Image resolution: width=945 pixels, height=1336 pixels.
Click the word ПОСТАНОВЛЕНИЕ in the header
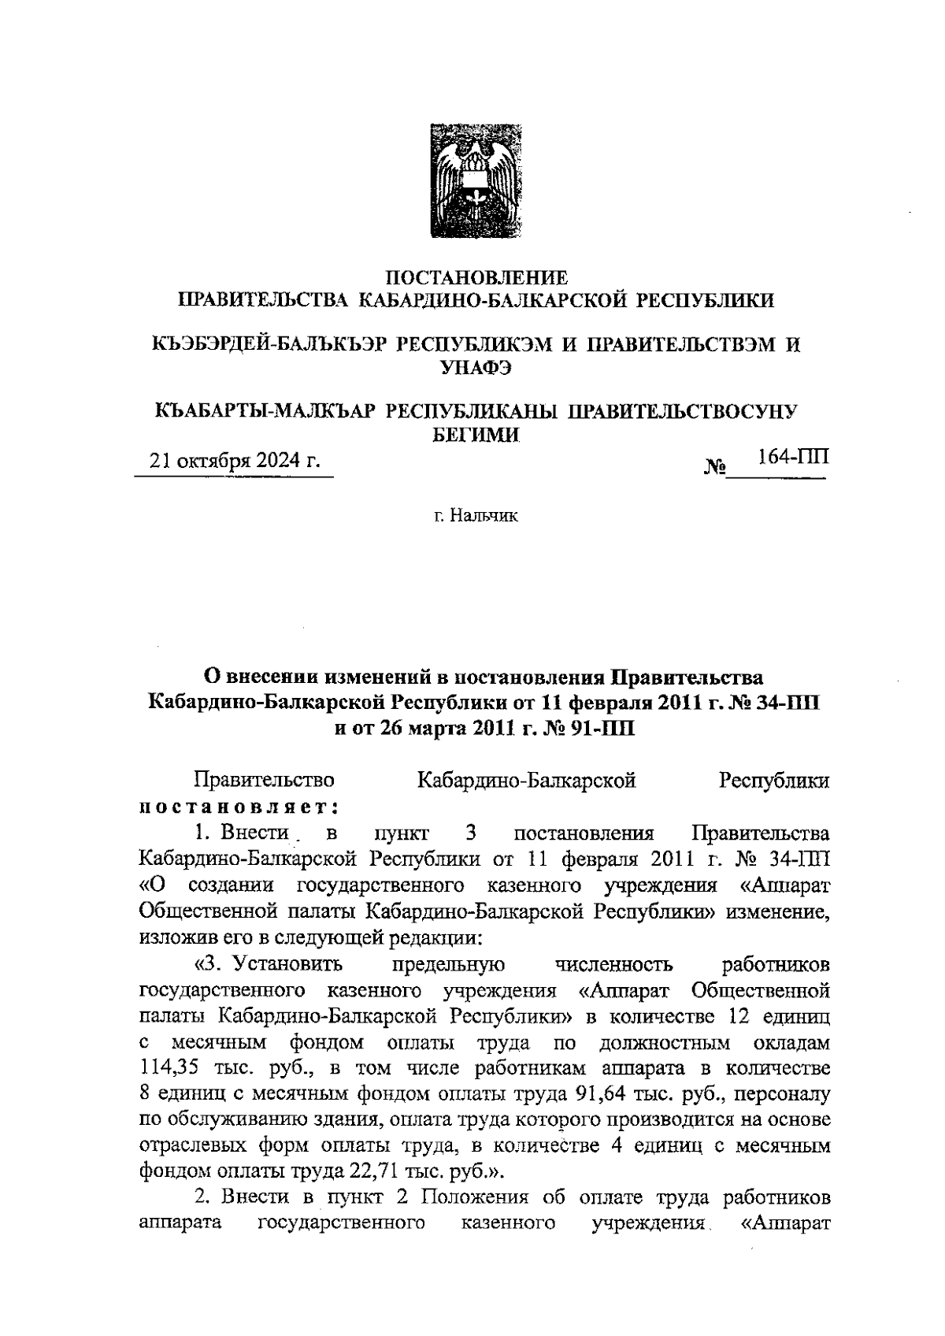(x=476, y=278)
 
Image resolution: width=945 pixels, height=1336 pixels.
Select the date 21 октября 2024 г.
(x=235, y=461)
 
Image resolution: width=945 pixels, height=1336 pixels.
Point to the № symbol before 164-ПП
(x=713, y=468)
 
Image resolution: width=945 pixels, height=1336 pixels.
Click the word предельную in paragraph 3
(x=448, y=964)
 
